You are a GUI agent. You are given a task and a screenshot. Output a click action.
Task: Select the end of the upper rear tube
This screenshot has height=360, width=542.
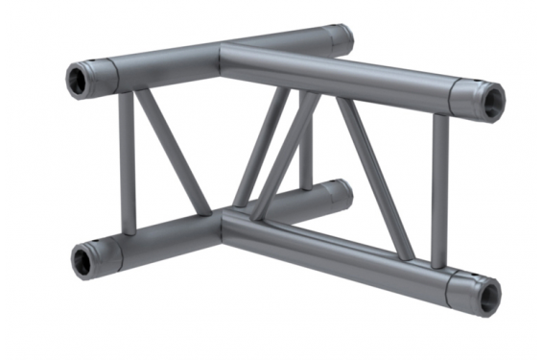[x=341, y=39]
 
